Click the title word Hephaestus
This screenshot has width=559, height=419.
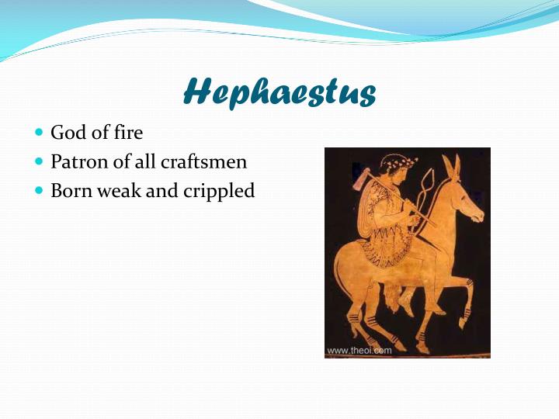(x=279, y=92)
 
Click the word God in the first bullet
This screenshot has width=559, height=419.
(x=68, y=133)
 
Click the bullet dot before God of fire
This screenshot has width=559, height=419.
(x=40, y=133)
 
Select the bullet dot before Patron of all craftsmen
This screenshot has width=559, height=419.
(x=40, y=163)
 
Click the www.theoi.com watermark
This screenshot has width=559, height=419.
(x=359, y=351)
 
